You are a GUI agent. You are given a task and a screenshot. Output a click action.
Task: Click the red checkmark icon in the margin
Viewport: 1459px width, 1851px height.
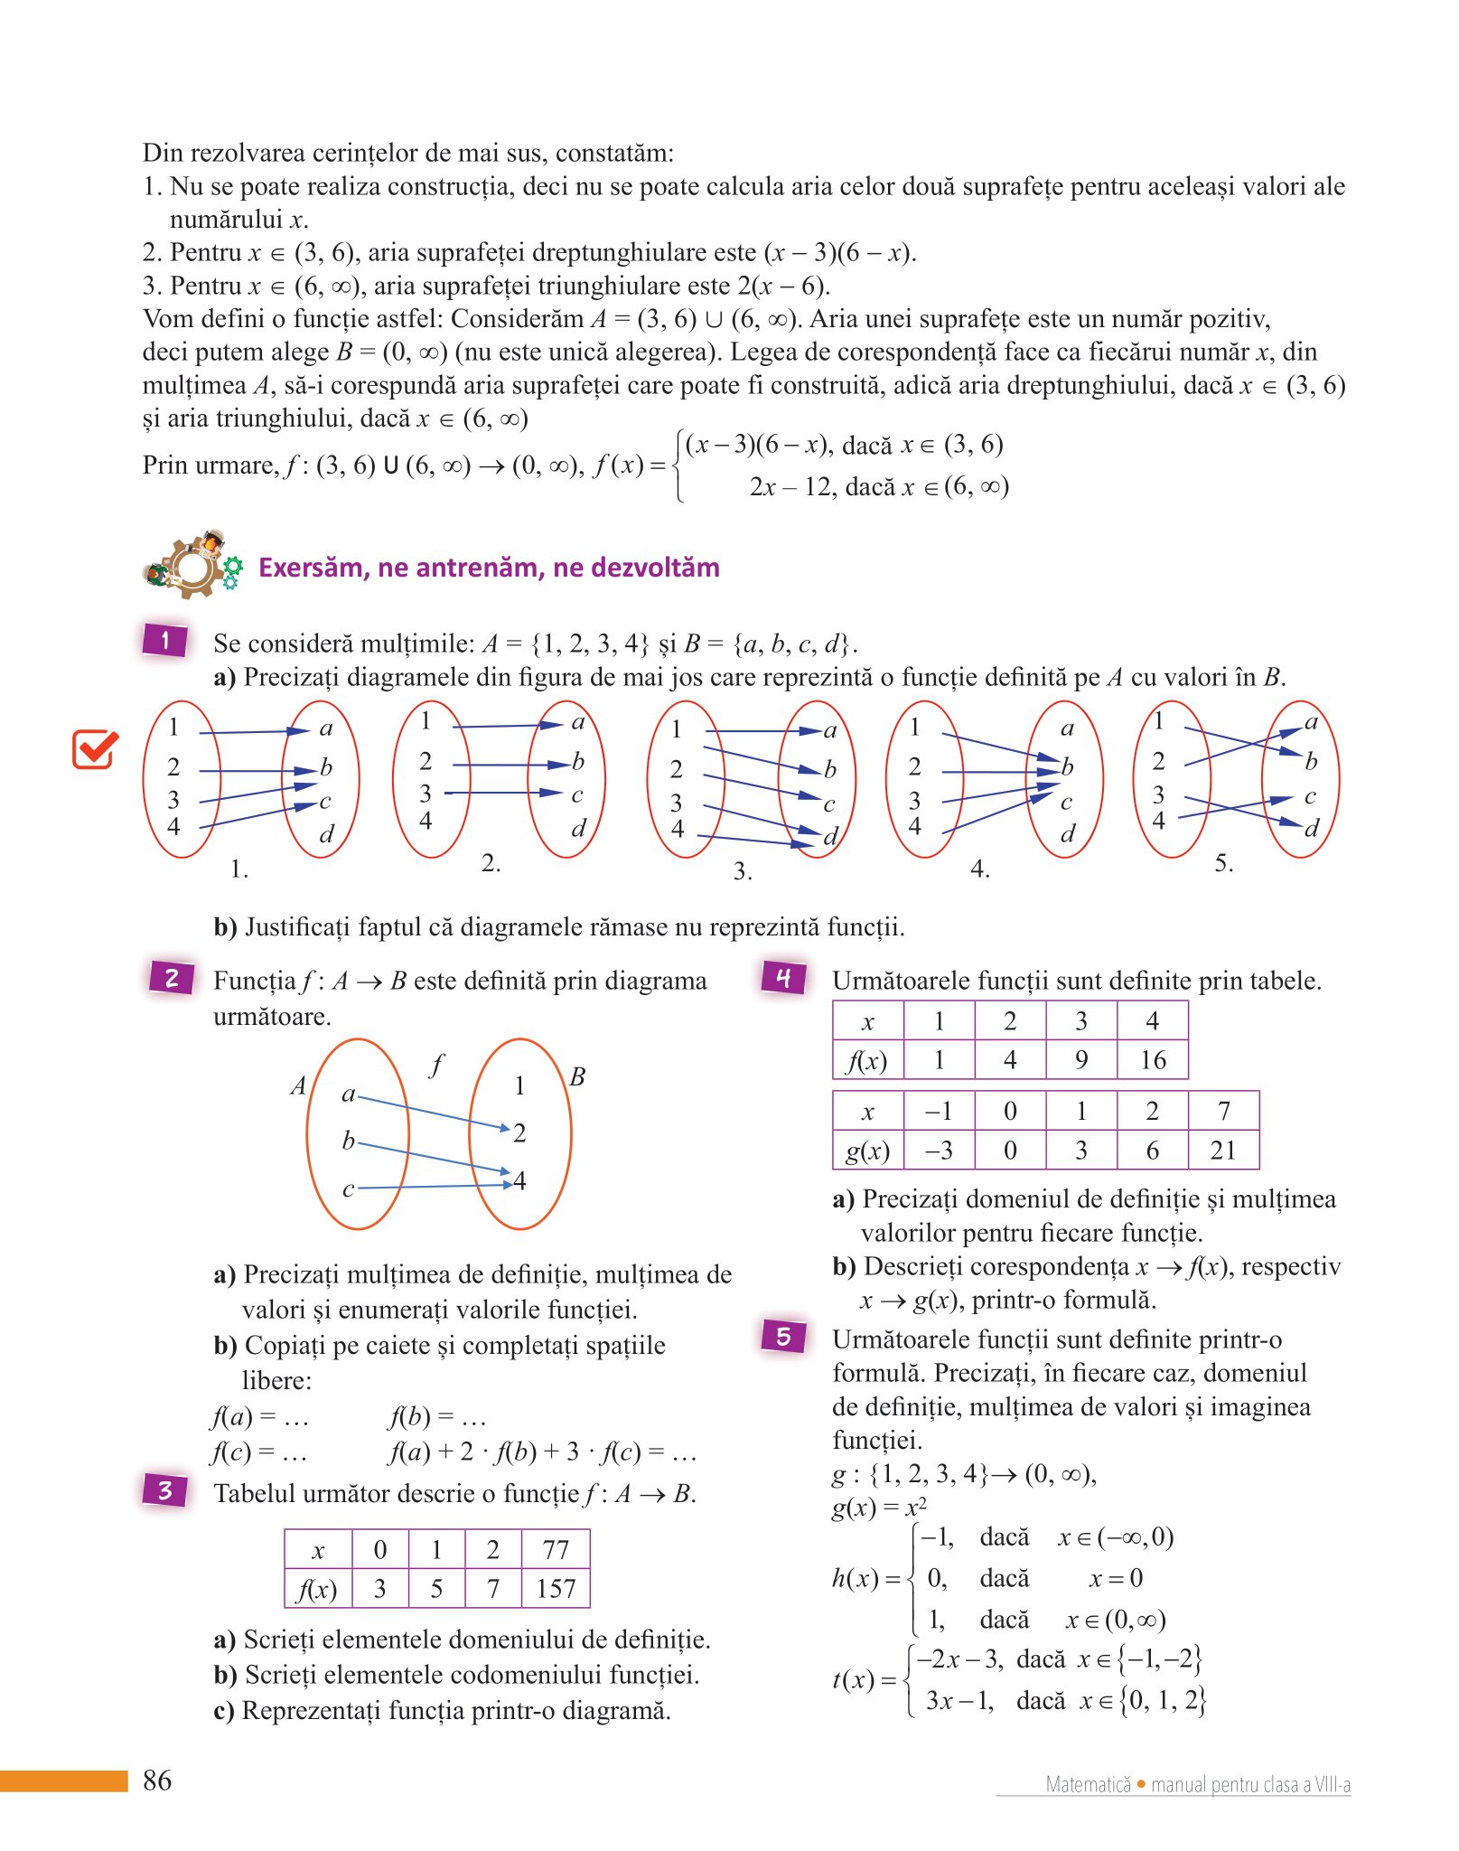(95, 748)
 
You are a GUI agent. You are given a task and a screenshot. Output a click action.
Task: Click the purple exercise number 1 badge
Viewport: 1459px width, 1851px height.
(165, 640)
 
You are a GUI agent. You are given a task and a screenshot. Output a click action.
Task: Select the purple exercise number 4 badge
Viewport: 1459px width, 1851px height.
(783, 977)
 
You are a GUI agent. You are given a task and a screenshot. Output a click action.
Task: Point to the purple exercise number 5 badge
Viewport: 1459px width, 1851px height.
(783, 1336)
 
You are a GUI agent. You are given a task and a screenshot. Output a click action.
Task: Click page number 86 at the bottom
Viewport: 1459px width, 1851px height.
(157, 1781)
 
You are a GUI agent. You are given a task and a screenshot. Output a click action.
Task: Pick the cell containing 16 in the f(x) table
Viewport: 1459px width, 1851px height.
(1153, 1060)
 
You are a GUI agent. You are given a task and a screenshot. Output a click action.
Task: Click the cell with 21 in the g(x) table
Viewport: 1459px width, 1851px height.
(1223, 1151)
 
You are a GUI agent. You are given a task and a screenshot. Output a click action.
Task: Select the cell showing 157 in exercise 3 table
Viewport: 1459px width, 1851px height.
(556, 1589)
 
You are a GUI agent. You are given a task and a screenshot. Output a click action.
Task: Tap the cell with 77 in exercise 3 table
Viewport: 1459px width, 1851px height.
(556, 1550)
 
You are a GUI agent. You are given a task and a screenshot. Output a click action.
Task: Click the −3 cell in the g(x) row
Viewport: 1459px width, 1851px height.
(939, 1151)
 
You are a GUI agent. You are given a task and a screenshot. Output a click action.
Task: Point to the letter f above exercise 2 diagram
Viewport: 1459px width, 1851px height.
(437, 1065)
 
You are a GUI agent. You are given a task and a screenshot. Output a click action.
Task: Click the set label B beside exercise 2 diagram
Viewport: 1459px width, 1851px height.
(578, 1076)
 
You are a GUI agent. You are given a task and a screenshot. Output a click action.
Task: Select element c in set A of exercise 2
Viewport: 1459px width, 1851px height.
(348, 1189)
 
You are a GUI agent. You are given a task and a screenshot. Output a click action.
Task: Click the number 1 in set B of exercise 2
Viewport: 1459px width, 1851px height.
(519, 1085)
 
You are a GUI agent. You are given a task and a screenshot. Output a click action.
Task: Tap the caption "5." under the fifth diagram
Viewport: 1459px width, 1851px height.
(1223, 863)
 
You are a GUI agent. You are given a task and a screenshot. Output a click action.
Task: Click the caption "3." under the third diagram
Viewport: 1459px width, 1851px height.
(743, 871)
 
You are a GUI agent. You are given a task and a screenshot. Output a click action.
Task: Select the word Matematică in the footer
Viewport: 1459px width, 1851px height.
(1088, 1785)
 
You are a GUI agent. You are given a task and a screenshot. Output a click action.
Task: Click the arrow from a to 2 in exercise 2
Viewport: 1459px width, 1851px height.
(434, 1113)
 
